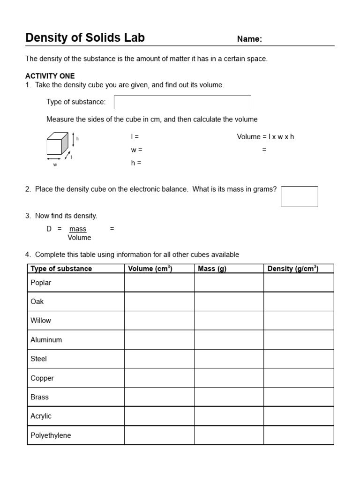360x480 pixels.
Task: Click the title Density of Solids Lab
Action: [x=85, y=38]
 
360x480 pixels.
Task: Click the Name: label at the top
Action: [x=249, y=39]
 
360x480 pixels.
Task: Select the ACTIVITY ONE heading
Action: [x=50, y=76]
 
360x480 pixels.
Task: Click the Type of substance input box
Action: [x=182, y=102]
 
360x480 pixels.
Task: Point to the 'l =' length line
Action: [x=135, y=137]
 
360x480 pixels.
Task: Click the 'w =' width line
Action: [x=136, y=150]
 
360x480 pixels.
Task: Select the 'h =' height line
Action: [x=135, y=163]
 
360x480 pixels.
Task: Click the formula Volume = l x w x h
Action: [x=265, y=137]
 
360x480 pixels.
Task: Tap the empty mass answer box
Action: [x=299, y=196]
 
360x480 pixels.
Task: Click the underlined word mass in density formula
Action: [x=78, y=229]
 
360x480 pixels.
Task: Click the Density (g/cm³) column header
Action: [x=293, y=269]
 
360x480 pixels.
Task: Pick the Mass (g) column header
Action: [x=212, y=269]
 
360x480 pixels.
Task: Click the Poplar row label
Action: [x=41, y=283]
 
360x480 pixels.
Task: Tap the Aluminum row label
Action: [x=46, y=340]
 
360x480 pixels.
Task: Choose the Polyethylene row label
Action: [x=51, y=435]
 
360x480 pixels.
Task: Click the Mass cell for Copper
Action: [x=229, y=378]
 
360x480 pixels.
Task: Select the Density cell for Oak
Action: [x=299, y=301]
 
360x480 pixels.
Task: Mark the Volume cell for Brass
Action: [x=159, y=397]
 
